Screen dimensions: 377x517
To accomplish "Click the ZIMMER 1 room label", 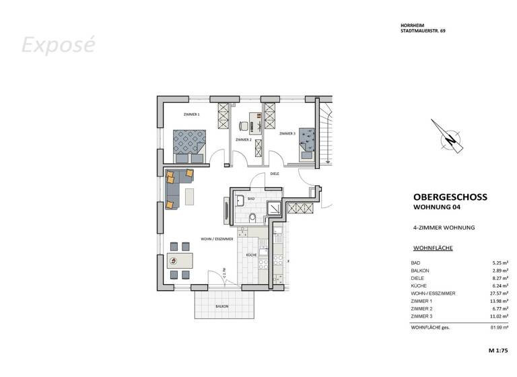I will (191, 115).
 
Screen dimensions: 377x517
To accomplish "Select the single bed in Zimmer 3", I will (308, 143).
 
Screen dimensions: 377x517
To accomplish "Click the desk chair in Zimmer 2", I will (243, 125).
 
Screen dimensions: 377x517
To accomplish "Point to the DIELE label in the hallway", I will (274, 174).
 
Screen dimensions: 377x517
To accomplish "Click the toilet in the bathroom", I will (252, 217).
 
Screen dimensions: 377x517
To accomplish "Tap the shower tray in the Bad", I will (275, 208).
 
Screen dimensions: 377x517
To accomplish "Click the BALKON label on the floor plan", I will (222, 306).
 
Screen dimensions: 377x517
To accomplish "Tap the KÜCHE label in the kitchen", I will (250, 256).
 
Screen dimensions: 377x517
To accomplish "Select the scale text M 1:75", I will (499, 351).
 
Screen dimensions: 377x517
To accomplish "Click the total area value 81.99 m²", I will (499, 327).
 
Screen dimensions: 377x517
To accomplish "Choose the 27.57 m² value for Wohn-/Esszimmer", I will (499, 294).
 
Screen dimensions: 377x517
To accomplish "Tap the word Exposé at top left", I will (58, 45).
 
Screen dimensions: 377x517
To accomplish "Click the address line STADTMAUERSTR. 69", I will (422, 32).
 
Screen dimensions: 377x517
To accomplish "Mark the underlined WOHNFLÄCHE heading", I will (433, 248).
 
